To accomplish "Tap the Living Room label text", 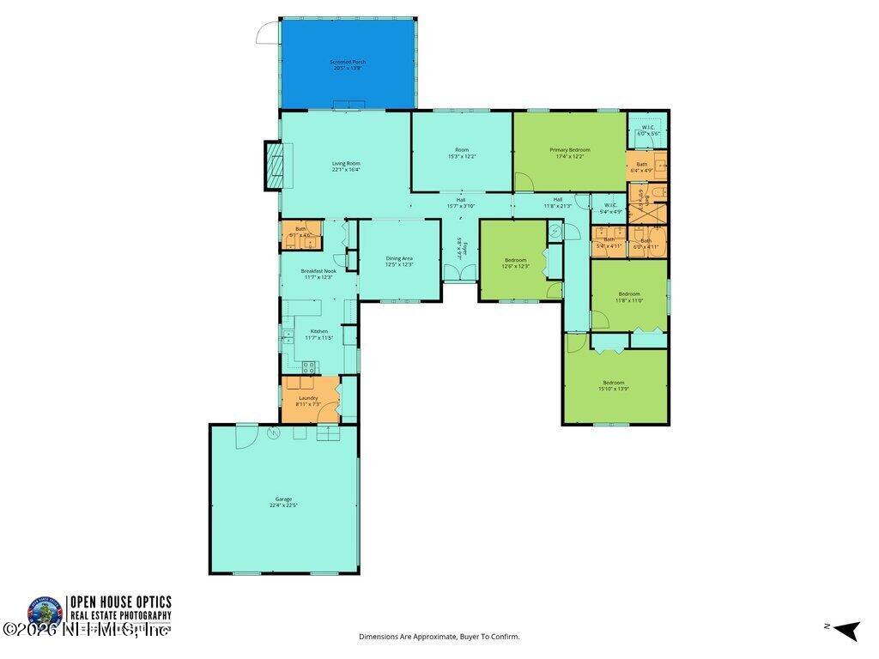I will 346,166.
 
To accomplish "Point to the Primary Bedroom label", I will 570,153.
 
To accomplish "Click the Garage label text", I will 283,502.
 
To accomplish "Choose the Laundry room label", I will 309,401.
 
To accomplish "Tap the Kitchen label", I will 318,335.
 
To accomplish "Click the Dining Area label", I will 399,262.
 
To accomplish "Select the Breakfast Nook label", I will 318,274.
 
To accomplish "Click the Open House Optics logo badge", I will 45,614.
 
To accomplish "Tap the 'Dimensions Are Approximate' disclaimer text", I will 439,637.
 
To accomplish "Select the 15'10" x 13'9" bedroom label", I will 613,386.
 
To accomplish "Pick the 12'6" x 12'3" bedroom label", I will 515,263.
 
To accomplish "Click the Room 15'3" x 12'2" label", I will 462,153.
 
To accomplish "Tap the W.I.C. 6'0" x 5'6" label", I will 648,131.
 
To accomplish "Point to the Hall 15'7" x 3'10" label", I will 461,203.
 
